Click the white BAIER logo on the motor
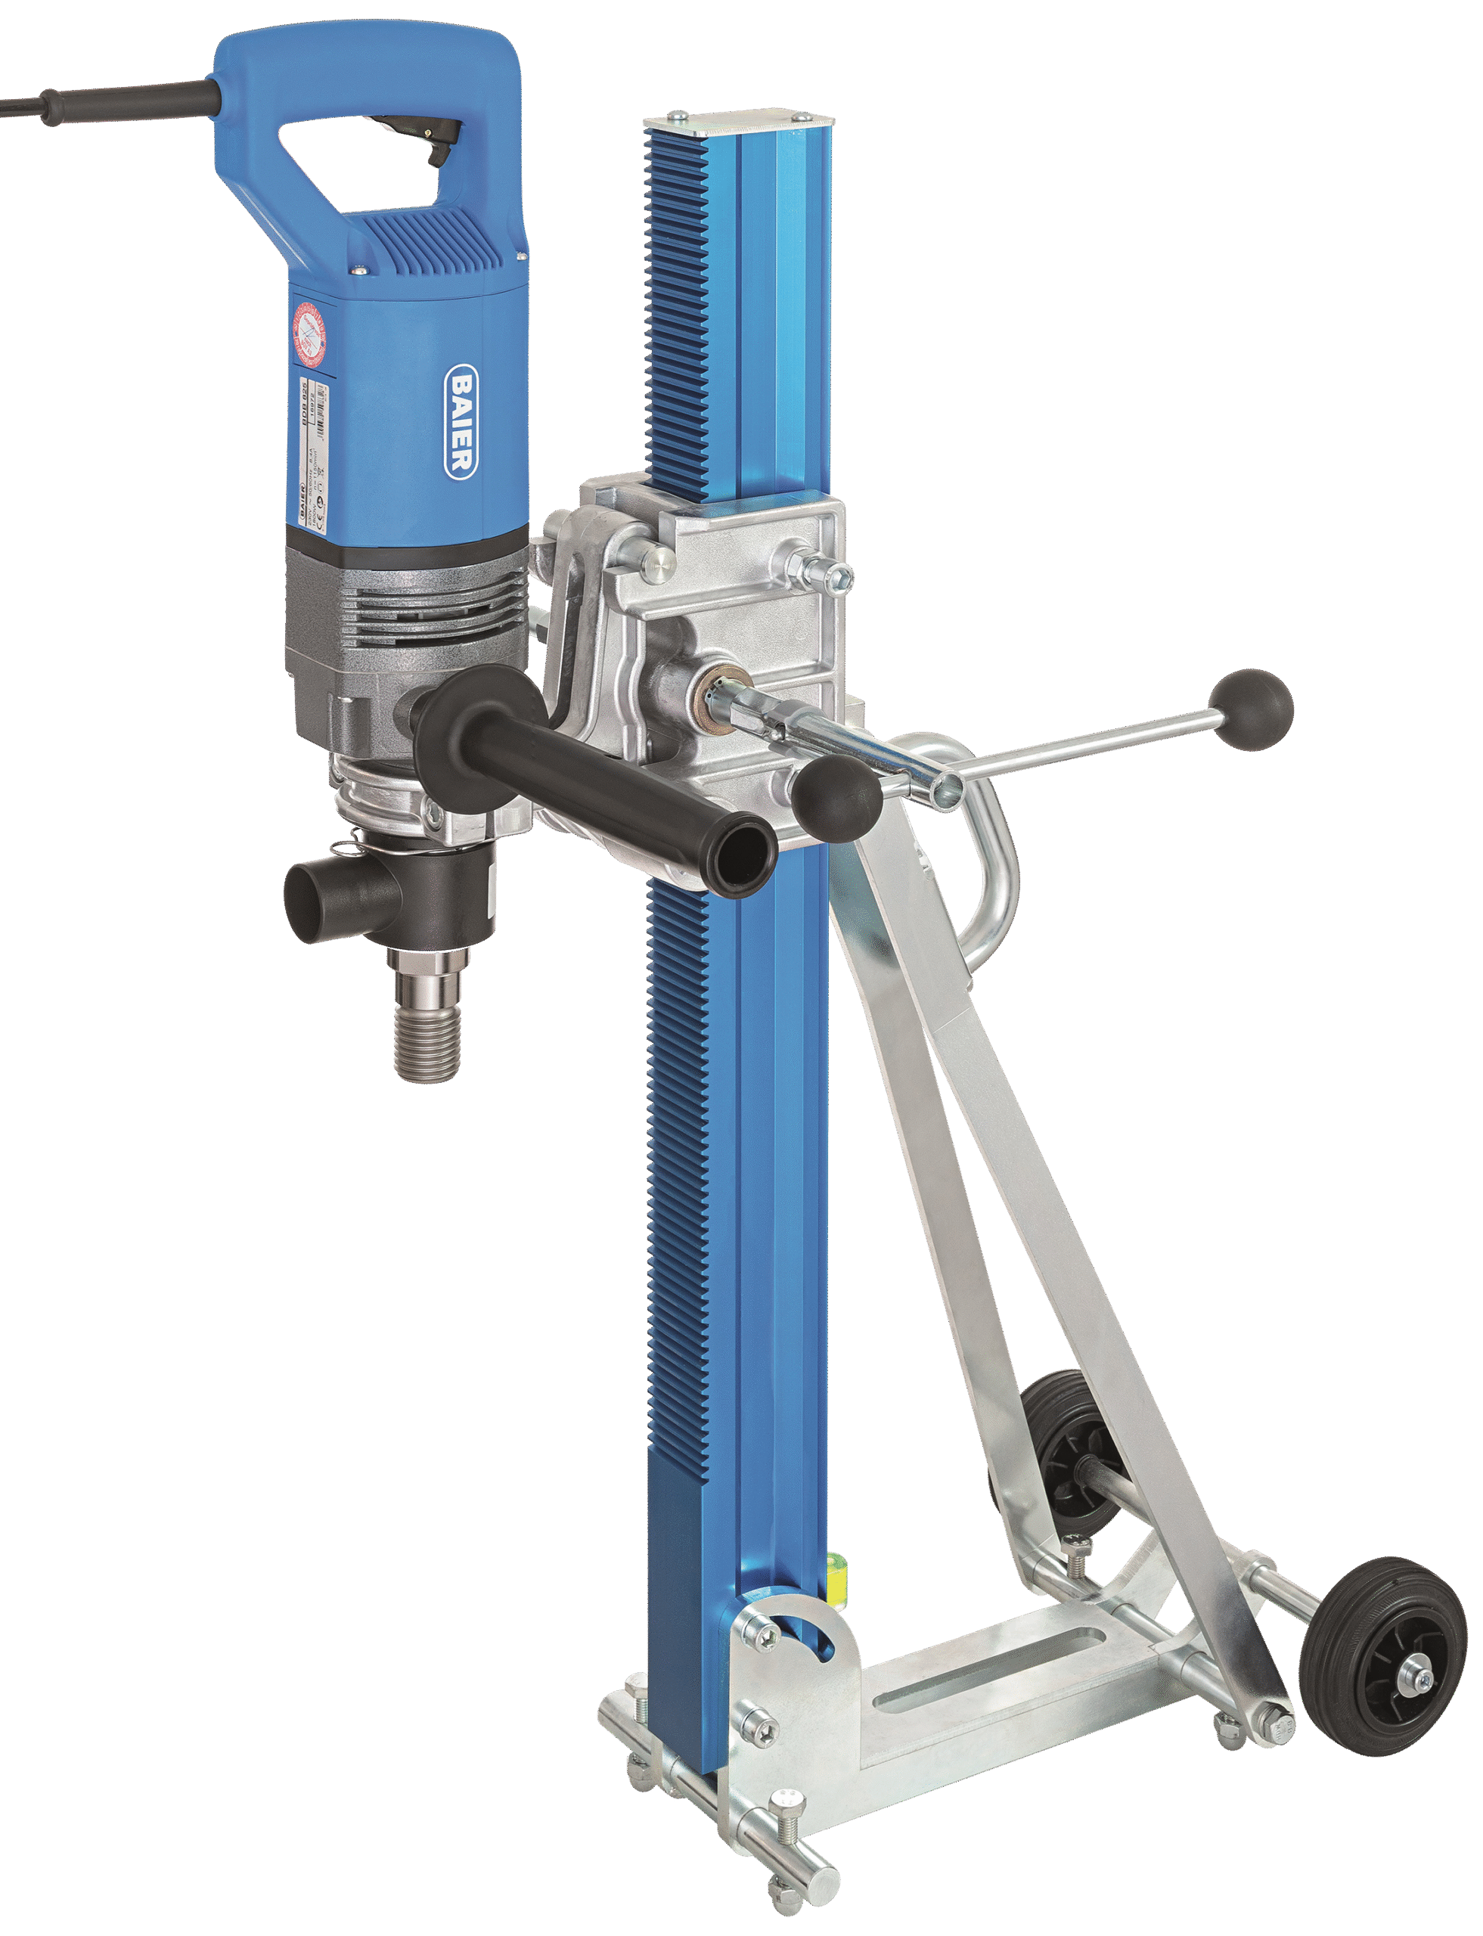tap(461, 422)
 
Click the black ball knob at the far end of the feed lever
tap(1251, 711)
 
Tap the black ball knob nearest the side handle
tap(836, 799)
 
